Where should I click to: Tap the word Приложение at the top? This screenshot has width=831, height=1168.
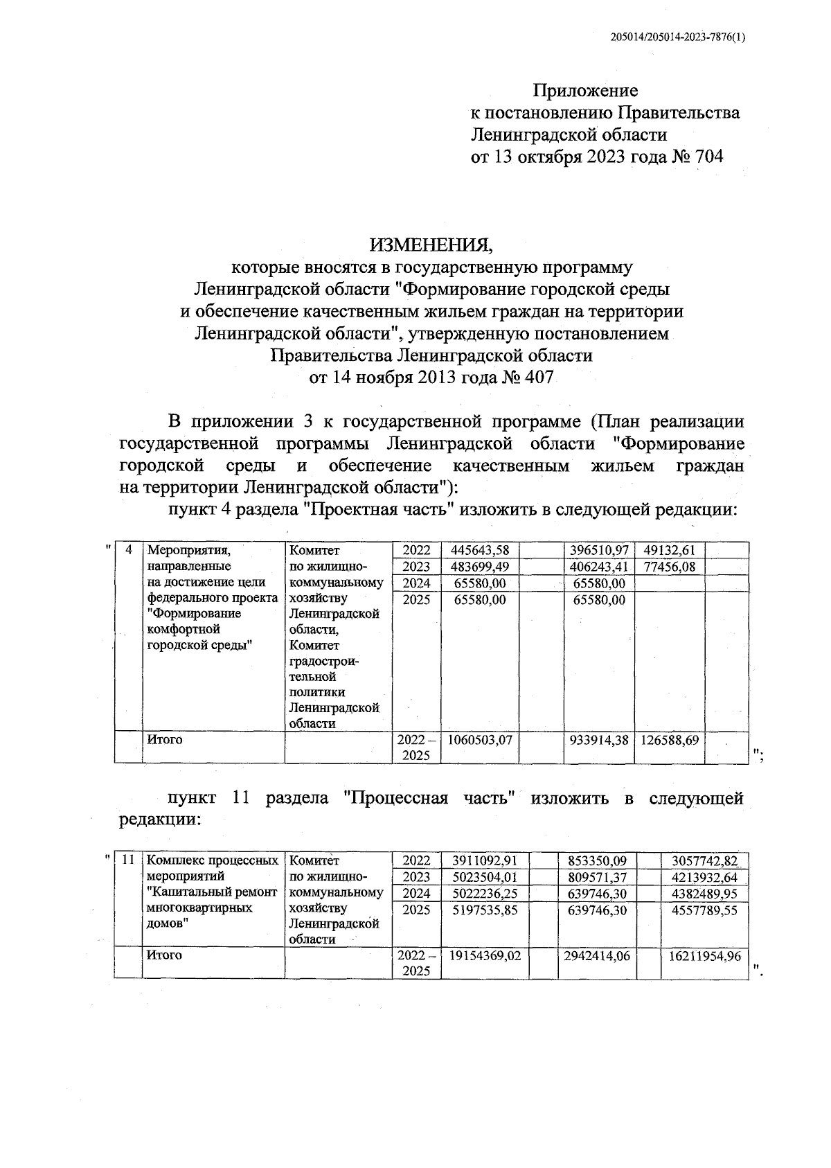click(x=585, y=90)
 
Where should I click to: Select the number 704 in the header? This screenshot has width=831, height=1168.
click(x=707, y=157)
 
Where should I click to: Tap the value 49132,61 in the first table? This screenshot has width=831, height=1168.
click(x=669, y=551)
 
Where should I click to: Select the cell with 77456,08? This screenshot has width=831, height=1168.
click(x=669, y=567)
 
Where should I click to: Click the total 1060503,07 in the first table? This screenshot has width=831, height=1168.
click(x=480, y=740)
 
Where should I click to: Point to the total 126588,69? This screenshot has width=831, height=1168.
click(x=669, y=740)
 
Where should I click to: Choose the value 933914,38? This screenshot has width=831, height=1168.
click(x=599, y=740)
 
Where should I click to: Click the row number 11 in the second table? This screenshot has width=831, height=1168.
click(x=127, y=860)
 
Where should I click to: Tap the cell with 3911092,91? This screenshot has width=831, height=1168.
click(x=485, y=861)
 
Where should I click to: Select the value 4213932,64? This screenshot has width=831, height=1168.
click(x=704, y=878)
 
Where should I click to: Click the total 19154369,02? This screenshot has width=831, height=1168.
click(x=485, y=955)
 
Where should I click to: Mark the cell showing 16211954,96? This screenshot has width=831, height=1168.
click(x=704, y=956)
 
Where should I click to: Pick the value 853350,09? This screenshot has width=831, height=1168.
click(x=596, y=861)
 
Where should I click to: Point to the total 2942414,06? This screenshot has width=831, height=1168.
click(x=596, y=955)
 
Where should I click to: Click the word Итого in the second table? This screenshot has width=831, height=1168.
click(x=165, y=955)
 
